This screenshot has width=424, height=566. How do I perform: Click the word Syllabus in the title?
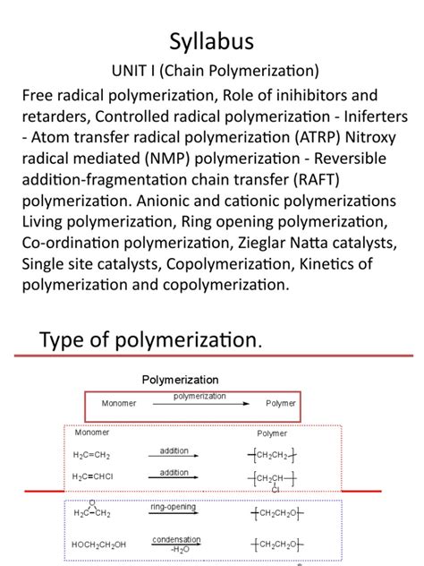(x=212, y=41)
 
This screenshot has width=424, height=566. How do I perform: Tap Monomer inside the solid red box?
(x=119, y=403)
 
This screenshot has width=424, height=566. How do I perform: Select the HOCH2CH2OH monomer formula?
(x=99, y=544)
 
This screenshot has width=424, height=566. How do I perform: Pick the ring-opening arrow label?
(x=174, y=507)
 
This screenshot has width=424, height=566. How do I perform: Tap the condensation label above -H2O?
(x=176, y=539)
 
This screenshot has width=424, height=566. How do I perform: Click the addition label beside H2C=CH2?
(x=174, y=450)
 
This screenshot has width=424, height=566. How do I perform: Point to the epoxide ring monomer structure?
(x=92, y=510)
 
